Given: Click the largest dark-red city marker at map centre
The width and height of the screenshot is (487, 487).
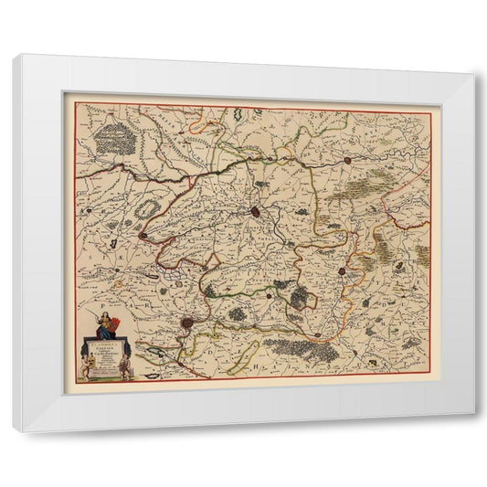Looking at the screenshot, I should click(x=256, y=212).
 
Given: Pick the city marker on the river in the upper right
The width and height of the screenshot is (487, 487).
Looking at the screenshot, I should click(x=348, y=161).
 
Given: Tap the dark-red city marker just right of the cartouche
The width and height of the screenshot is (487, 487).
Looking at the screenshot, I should click(x=187, y=323).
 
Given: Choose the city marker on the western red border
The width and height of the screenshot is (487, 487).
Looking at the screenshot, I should click(x=143, y=236).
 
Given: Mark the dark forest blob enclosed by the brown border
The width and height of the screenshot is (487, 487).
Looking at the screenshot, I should click(x=301, y=298).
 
